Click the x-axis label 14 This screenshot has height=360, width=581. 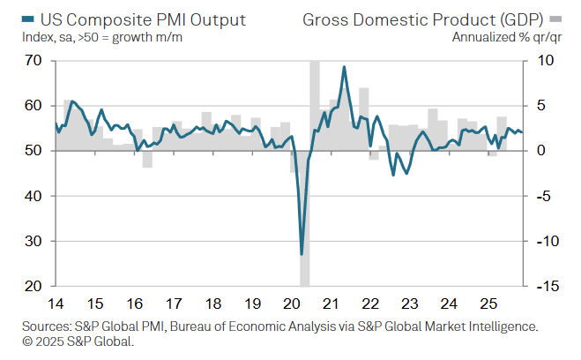[x=56, y=304]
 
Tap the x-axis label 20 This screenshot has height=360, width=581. [x=291, y=304]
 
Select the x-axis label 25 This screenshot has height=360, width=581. [x=488, y=304]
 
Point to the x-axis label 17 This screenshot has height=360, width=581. [x=173, y=304]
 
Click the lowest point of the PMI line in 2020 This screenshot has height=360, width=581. [x=302, y=254]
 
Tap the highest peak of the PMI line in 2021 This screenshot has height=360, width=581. [x=343, y=67]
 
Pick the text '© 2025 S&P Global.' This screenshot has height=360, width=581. [x=77, y=341]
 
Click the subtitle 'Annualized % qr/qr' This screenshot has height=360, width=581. [x=500, y=37]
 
